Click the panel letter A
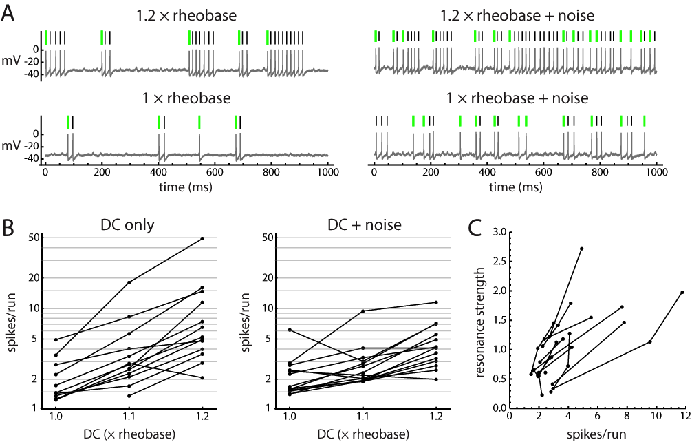coord(9,13)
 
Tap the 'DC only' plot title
coord(129,224)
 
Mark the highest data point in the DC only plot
coord(202,238)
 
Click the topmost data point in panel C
coord(582,249)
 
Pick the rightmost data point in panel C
coord(682,292)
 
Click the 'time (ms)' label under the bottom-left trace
coord(188,187)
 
